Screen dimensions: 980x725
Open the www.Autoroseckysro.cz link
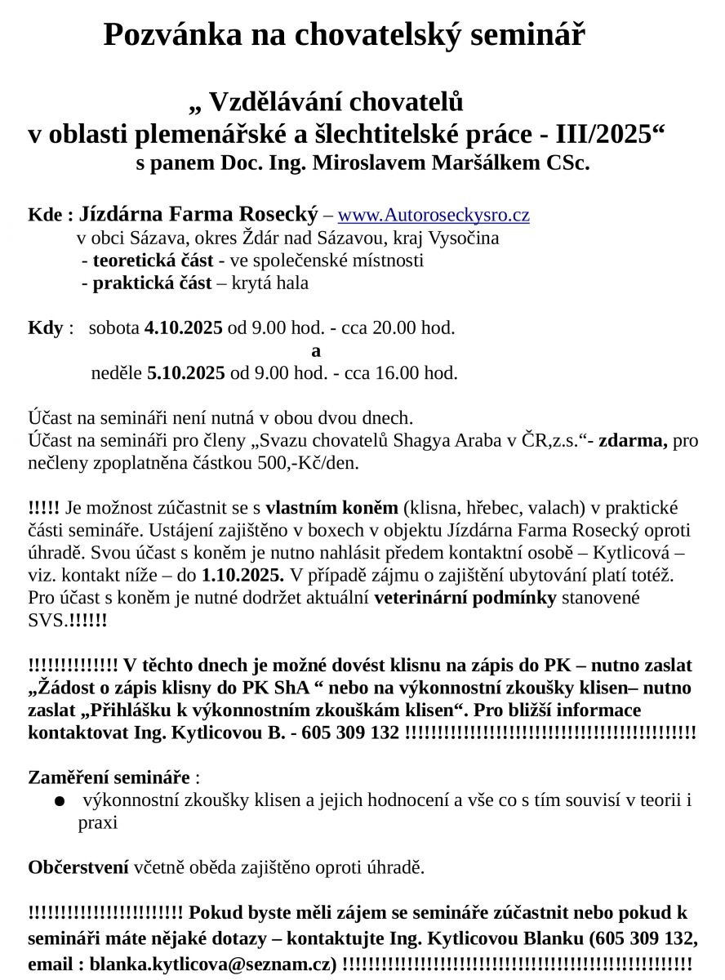click(434, 215)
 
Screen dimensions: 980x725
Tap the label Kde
click(46, 216)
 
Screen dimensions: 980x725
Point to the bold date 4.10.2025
click(184, 328)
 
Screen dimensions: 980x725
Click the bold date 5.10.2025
click(186, 373)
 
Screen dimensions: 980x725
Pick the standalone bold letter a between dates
click(316, 351)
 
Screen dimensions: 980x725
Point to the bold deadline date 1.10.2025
click(243, 574)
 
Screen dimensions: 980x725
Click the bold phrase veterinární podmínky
click(465, 597)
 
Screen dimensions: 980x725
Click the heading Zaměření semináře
click(109, 777)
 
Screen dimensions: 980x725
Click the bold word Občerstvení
click(78, 866)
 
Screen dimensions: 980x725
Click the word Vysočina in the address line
click(461, 238)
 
